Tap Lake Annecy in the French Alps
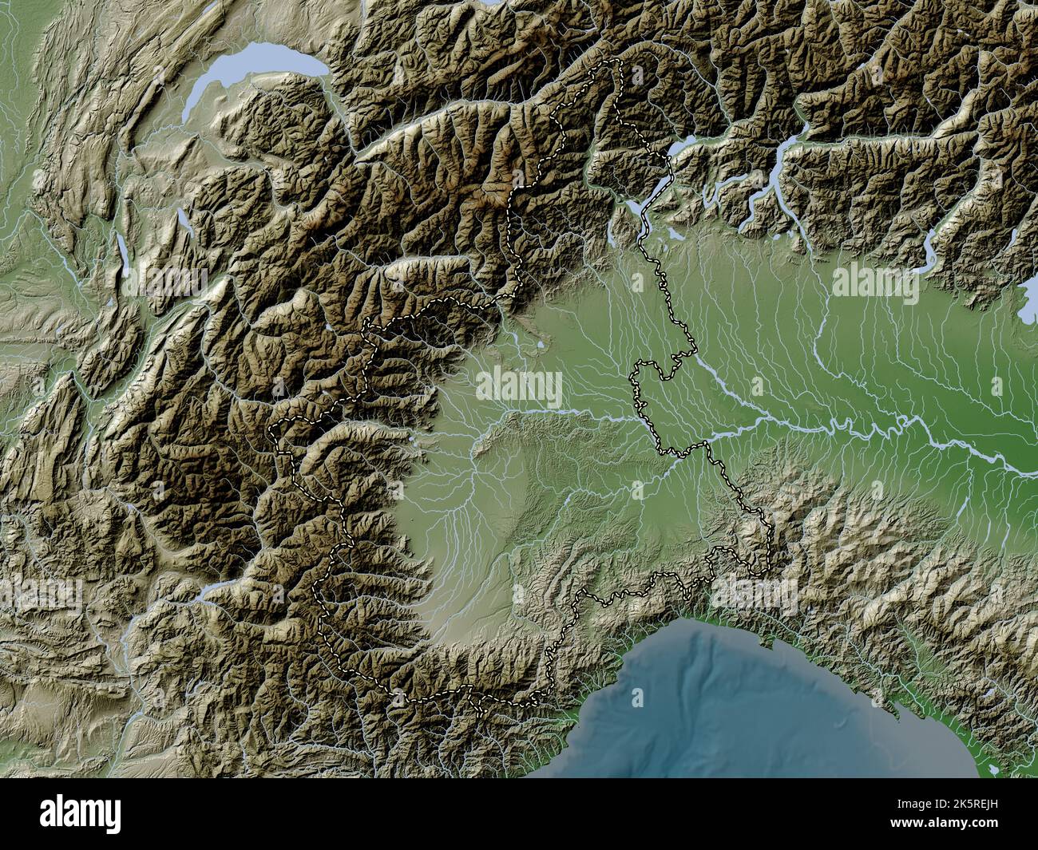tap(184, 218)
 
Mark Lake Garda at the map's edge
tap(1030, 287)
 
